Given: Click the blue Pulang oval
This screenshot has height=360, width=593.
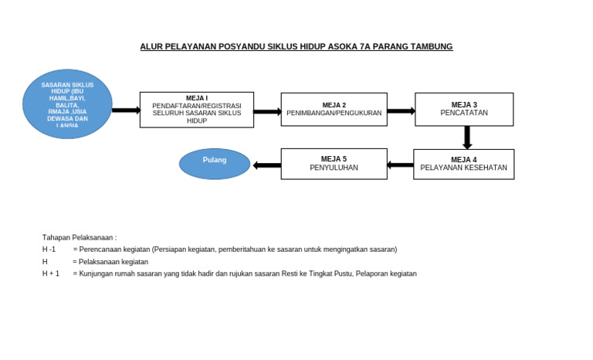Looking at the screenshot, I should tap(215, 164).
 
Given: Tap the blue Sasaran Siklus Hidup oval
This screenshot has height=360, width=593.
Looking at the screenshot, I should tap(68, 104).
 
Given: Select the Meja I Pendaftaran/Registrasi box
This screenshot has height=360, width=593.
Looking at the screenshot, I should tap(197, 110).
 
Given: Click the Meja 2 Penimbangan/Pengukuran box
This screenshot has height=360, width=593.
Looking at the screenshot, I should tap(334, 110).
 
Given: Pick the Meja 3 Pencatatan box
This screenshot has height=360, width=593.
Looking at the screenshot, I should tap(464, 110).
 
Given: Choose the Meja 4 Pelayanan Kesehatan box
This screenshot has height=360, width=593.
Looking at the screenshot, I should tap(464, 164).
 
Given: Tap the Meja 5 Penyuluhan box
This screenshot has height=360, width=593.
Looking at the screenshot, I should tap(334, 164).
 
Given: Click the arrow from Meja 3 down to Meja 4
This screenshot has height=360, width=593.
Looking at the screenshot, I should tap(467, 138).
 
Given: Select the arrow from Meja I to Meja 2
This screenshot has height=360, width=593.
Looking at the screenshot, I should tap(267, 111).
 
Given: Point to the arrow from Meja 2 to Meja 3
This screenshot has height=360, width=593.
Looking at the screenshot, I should tap(401, 110).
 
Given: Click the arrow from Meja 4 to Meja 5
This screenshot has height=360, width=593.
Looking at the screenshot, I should tap(400, 165).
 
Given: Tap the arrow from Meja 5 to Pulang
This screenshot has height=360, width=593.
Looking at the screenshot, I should tap(266, 165).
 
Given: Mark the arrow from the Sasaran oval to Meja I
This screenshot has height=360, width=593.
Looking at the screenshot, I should tap(126, 110).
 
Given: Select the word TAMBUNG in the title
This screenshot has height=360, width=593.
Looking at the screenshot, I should tap(432, 47).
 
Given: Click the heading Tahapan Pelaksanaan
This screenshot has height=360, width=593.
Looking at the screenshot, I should tap(79, 237).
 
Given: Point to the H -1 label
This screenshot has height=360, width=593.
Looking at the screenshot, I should tap(49, 250).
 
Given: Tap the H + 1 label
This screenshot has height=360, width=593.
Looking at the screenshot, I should tap(50, 273).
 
